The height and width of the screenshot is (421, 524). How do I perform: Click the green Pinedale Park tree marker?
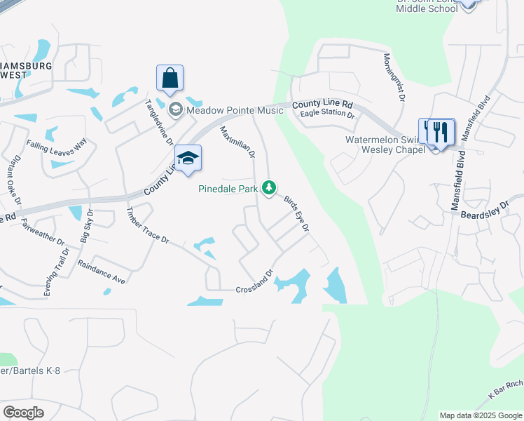tap(268, 187)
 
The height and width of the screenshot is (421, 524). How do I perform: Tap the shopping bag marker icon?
tap(170, 79)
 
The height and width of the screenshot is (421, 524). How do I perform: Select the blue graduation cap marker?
tap(188, 158)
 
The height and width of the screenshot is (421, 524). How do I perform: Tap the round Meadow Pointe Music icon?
tap(175, 109)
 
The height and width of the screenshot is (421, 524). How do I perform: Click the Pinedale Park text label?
tap(228, 189)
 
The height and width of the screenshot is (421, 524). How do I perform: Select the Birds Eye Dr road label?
tap(296, 213)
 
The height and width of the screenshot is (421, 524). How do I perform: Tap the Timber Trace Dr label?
tap(147, 225)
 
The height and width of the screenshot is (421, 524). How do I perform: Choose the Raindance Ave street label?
tap(101, 272)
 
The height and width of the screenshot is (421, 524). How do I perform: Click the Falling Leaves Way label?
tap(57, 143)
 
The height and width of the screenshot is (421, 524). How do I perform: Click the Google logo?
tap(23, 413)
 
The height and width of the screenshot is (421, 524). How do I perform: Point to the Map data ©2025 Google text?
tap(480, 415)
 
